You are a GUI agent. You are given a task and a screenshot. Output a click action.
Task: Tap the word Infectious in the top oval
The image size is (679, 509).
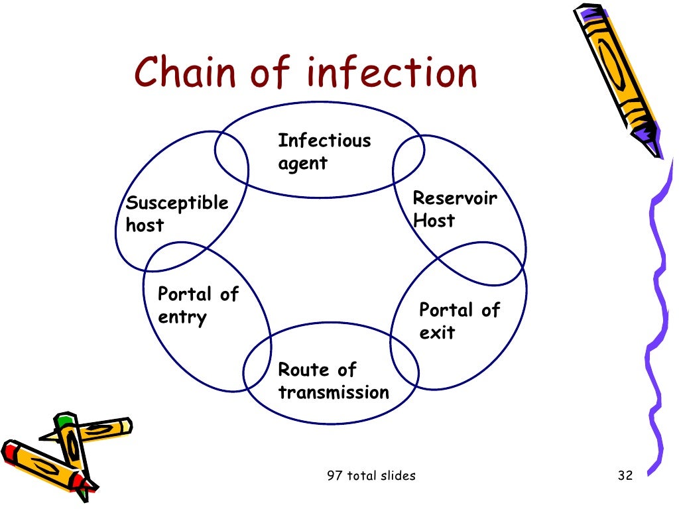tap(324, 141)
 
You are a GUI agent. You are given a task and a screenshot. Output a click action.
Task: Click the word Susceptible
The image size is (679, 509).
tap(177, 203)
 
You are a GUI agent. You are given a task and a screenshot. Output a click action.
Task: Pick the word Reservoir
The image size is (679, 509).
tap(455, 198)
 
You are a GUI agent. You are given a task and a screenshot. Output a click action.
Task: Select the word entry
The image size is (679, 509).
tap(182, 317)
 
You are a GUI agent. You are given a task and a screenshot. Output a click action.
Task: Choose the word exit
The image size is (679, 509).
tap(437, 333)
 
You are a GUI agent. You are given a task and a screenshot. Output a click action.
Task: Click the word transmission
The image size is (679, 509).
tap(334, 392)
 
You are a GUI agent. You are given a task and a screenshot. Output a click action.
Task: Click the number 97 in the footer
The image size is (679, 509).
tap(336, 475)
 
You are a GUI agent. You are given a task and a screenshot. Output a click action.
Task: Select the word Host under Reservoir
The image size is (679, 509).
tap(434, 221)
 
